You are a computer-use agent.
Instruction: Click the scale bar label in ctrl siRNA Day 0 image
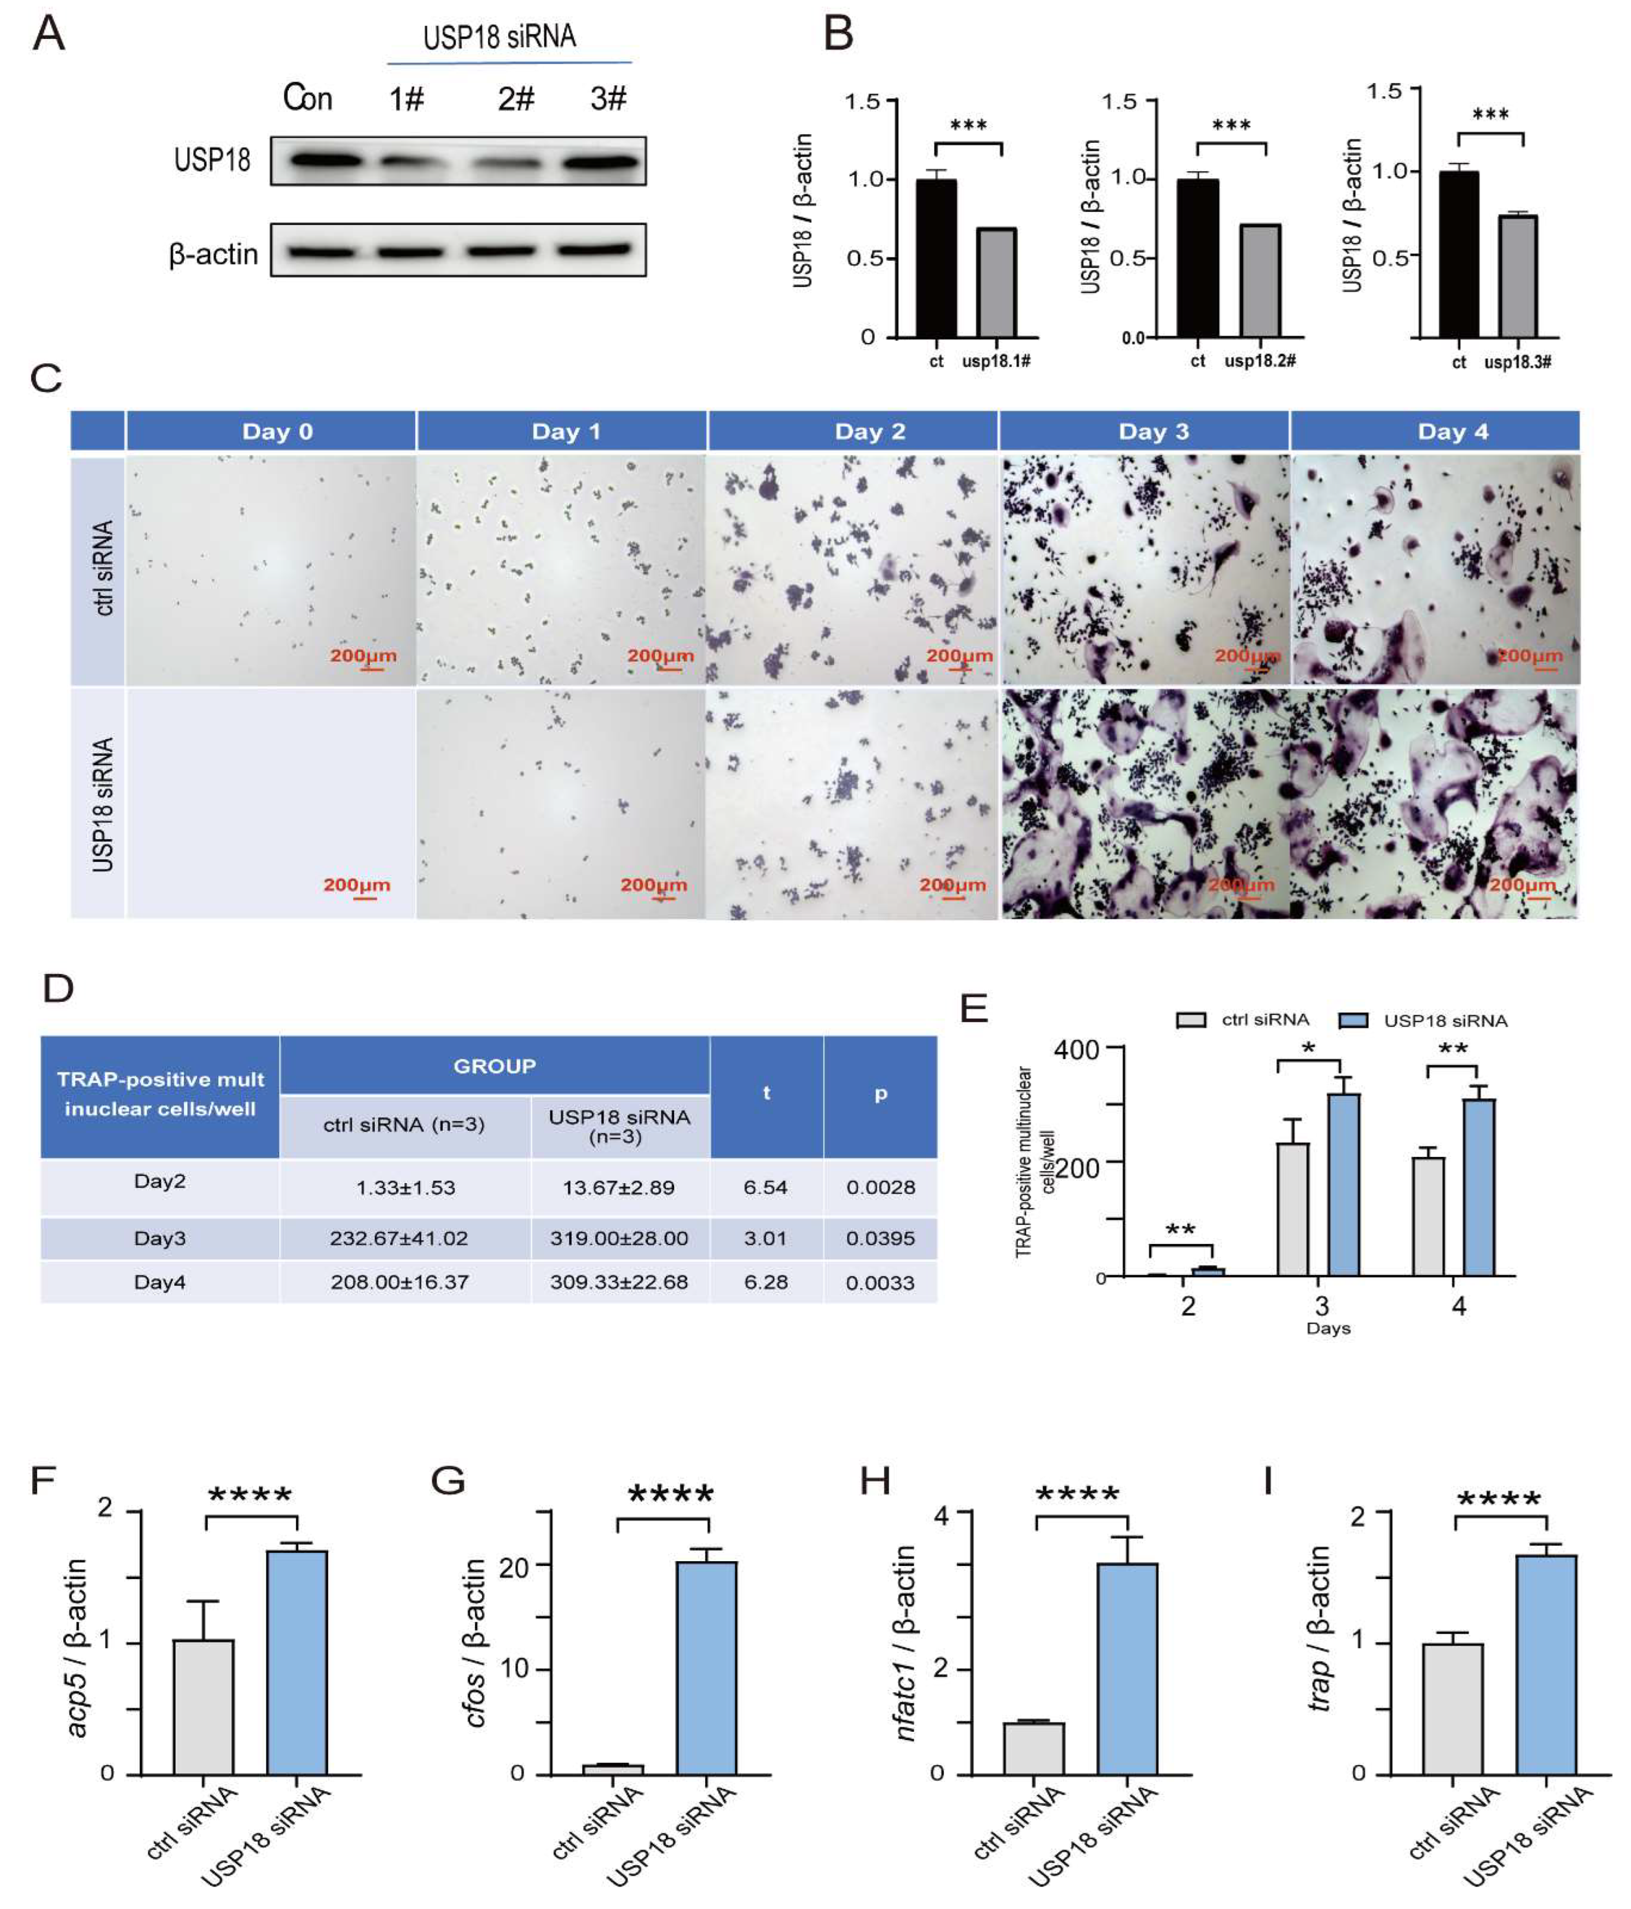click(x=363, y=656)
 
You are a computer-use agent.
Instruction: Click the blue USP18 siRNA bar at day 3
click(x=1344, y=1184)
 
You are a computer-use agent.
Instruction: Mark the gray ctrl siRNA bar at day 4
click(x=1428, y=1216)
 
